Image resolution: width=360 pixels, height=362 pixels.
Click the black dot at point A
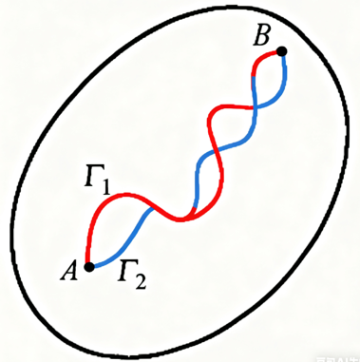(x=89, y=267)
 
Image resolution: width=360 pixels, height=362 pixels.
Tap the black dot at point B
(x=281, y=51)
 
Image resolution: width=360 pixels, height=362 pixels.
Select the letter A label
(x=69, y=272)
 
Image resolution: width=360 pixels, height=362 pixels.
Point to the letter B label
(x=261, y=37)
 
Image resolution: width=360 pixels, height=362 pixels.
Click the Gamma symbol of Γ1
(x=92, y=175)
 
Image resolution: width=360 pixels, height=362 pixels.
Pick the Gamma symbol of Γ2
(x=126, y=271)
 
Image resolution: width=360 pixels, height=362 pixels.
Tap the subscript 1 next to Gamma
(x=105, y=187)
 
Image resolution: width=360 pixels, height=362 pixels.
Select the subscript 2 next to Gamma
(x=141, y=282)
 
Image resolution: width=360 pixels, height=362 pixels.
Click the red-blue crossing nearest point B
(x=255, y=107)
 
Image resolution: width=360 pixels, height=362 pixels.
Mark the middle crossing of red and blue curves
(x=217, y=149)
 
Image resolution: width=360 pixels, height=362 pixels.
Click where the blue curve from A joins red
(x=153, y=208)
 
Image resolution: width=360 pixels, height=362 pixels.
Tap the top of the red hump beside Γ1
(x=125, y=194)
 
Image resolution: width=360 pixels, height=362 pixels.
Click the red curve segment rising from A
(x=95, y=216)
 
